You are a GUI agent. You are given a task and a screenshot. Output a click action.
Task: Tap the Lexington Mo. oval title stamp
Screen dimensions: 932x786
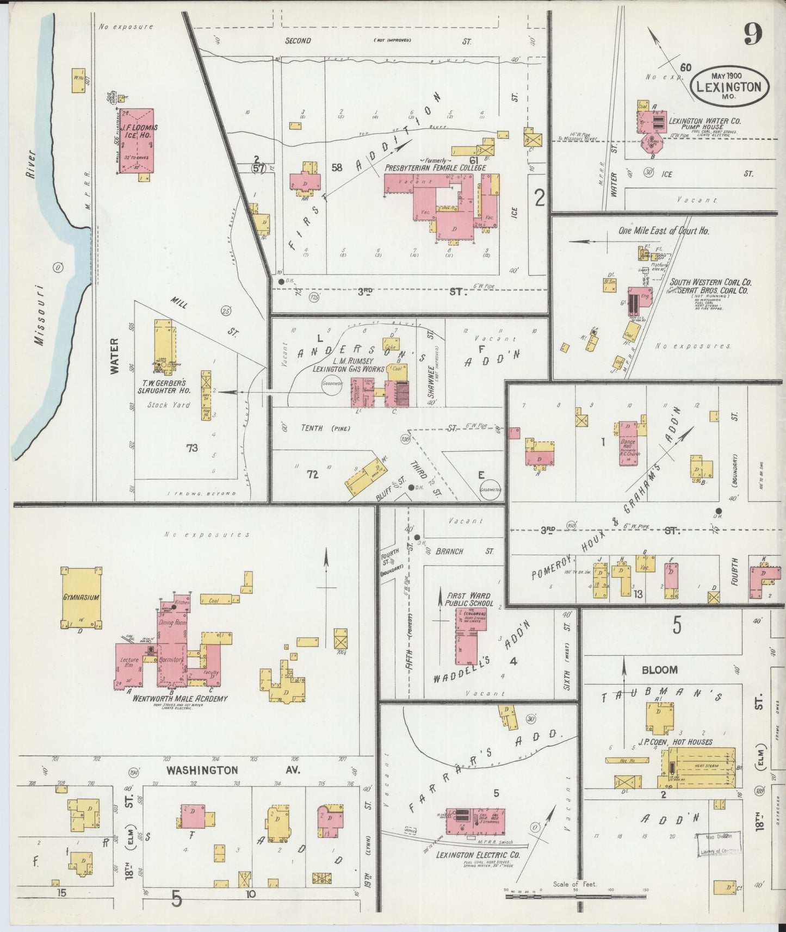(x=729, y=85)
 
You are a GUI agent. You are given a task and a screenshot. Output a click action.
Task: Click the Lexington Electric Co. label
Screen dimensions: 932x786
(x=478, y=855)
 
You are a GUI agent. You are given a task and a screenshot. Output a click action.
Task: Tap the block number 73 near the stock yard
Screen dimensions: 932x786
(x=191, y=448)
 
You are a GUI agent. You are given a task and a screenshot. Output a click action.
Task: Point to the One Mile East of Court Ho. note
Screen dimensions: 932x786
(x=664, y=231)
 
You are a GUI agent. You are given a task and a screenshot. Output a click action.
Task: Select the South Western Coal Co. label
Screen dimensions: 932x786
(x=710, y=282)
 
